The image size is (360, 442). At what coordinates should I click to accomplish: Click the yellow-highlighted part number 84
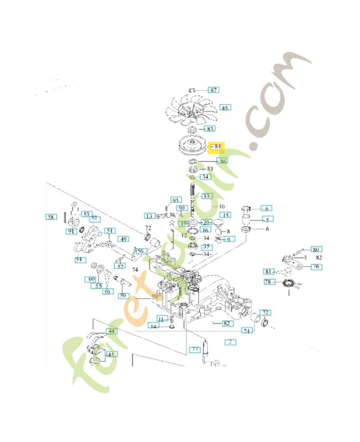pyautogui.click(x=218, y=147)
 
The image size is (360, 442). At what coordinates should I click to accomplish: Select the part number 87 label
pyautogui.click(x=213, y=90)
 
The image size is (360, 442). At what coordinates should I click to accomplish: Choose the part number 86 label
pyautogui.click(x=222, y=161)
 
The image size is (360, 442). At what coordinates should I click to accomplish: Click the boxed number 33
pyautogui.click(x=206, y=196)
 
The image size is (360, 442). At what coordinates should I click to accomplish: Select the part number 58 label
pyautogui.click(x=50, y=217)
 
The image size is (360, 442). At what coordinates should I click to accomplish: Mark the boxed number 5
pyautogui.click(x=267, y=219)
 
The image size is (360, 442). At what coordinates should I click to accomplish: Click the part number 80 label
pyautogui.click(x=316, y=249)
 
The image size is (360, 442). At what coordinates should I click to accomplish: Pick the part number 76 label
pyautogui.click(x=316, y=267)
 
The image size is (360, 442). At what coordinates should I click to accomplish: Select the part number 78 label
pyautogui.click(x=268, y=282)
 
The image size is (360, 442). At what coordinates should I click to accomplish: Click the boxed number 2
pyautogui.click(x=229, y=341)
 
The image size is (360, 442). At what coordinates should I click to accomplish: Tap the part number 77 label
pyautogui.click(x=195, y=349)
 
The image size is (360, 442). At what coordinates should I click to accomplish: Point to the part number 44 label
pyautogui.click(x=112, y=331)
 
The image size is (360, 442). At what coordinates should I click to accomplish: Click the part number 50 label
pyautogui.click(x=123, y=296)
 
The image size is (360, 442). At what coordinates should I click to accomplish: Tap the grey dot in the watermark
pyautogui.click(x=253, y=146)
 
